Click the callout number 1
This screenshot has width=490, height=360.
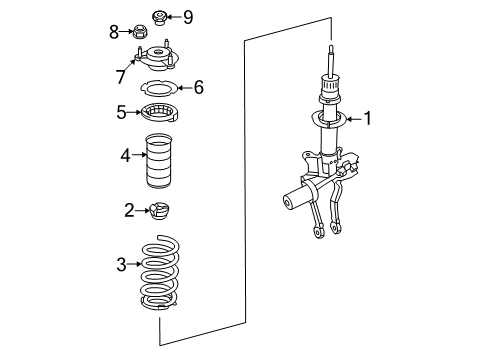click(x=367, y=118)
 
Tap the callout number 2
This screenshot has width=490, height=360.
click(x=129, y=210)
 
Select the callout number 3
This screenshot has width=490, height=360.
click(x=121, y=264)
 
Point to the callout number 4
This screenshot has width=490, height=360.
click(x=125, y=155)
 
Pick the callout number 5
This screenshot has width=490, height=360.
click(x=121, y=112)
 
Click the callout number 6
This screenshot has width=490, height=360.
click(x=199, y=87)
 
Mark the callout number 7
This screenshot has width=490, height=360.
click(x=121, y=77)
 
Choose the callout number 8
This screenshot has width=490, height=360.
click(x=114, y=32)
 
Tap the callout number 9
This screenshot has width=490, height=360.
click(x=188, y=17)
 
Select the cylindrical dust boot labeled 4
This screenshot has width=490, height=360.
click(x=159, y=160)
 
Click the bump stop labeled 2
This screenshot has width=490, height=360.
click(x=160, y=211)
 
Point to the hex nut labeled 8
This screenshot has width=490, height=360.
click(x=140, y=32)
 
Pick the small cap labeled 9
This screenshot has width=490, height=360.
click(x=159, y=18)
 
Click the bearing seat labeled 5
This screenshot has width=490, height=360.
click(x=159, y=113)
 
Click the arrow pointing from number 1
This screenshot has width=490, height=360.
click(x=354, y=119)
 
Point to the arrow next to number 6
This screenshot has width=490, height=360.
click(x=185, y=88)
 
